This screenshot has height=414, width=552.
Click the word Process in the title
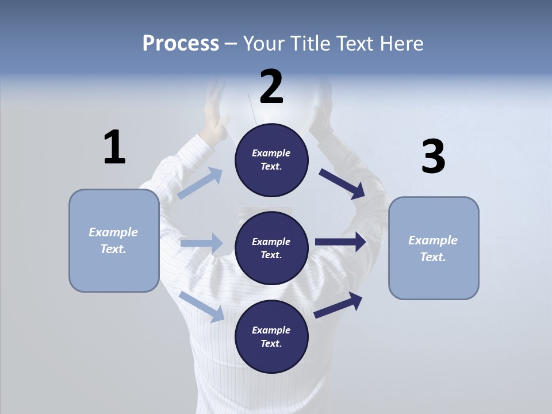pos(181,44)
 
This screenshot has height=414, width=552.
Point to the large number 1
pos(114,147)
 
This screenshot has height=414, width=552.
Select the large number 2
pos(271,87)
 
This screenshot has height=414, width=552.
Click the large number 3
pos(433,157)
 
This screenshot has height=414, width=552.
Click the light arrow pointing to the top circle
pos(200,183)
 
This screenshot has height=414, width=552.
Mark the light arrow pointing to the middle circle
pos(201,243)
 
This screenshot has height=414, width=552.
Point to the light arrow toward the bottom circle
pos(202,306)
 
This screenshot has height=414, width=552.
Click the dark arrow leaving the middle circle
pos(340,242)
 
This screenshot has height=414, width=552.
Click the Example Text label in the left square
pos(113,240)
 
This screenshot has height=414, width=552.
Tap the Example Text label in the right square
pos(433,248)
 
